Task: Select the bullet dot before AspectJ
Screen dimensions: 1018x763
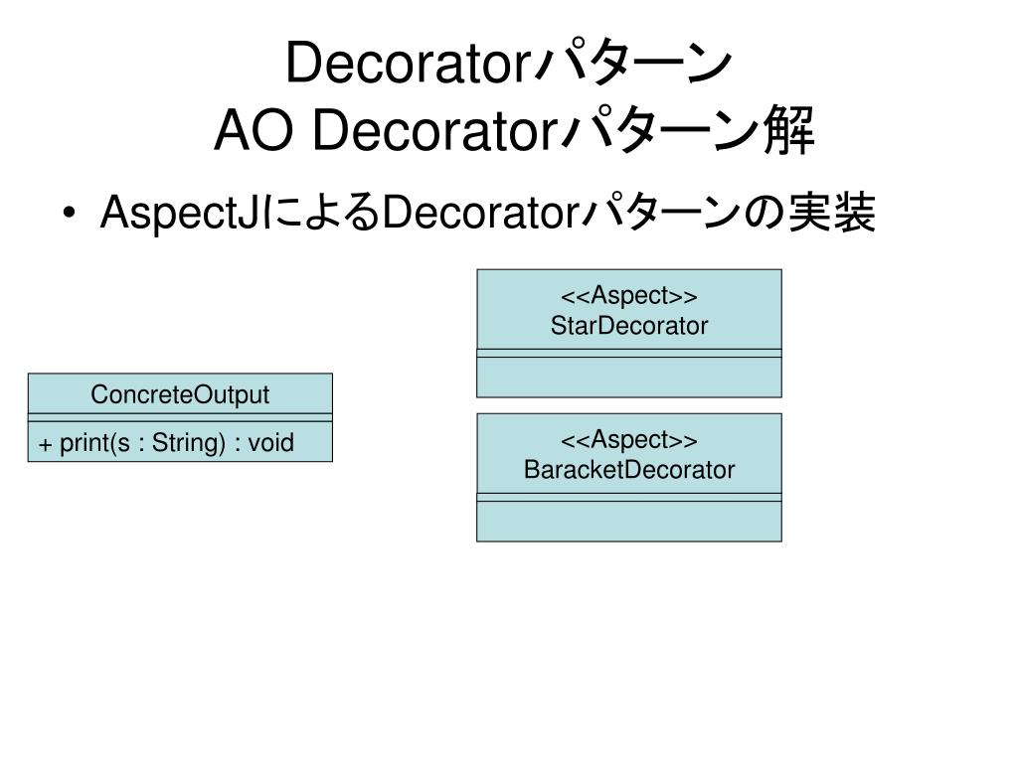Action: pyautogui.click(x=71, y=213)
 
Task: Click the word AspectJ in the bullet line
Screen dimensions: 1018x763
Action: pyautogui.click(x=179, y=214)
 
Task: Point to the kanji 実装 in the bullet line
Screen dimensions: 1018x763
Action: pyautogui.click(x=832, y=213)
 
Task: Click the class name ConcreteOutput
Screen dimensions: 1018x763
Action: pyautogui.click(x=180, y=394)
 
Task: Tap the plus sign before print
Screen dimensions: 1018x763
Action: pyautogui.click(x=45, y=444)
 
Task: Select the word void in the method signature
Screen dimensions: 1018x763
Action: pyautogui.click(x=270, y=442)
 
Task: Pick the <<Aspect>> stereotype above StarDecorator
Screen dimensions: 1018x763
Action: pyautogui.click(x=629, y=296)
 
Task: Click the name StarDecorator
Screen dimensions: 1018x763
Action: pyautogui.click(x=629, y=326)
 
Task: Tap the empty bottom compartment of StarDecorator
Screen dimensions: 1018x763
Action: pyautogui.click(x=629, y=377)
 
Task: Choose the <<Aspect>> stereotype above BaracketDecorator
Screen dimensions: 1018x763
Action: pyautogui.click(x=629, y=440)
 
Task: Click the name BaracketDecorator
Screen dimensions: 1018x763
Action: pyautogui.click(x=629, y=470)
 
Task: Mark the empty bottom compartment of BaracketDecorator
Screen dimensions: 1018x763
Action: pyautogui.click(x=629, y=521)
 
